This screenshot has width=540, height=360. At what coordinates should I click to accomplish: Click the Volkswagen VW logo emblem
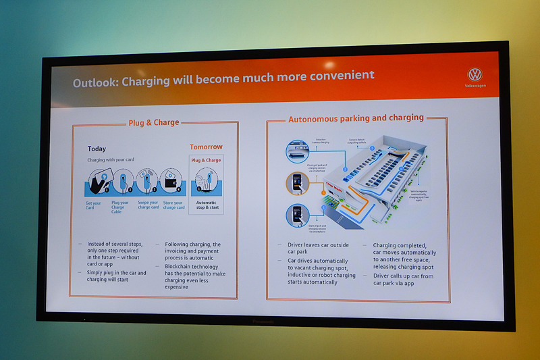pos(475,75)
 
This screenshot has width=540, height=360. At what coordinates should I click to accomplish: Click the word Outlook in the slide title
pos(98,82)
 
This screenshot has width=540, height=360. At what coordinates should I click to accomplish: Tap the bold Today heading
pos(97,149)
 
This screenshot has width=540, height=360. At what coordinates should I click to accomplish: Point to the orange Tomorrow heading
pos(206,147)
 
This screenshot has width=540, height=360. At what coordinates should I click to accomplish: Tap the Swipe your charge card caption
pos(147,206)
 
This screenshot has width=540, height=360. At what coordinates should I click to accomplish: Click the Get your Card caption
pos(93,205)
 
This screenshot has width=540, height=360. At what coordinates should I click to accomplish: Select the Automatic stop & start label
pos(206,205)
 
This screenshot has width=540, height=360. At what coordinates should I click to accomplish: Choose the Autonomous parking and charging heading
pos(356,118)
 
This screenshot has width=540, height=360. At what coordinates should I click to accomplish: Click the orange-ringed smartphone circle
pos(298,183)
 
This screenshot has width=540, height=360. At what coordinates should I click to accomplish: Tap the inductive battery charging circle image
pos(298,151)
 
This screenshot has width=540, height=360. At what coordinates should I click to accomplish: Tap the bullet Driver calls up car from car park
pos(403,280)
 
